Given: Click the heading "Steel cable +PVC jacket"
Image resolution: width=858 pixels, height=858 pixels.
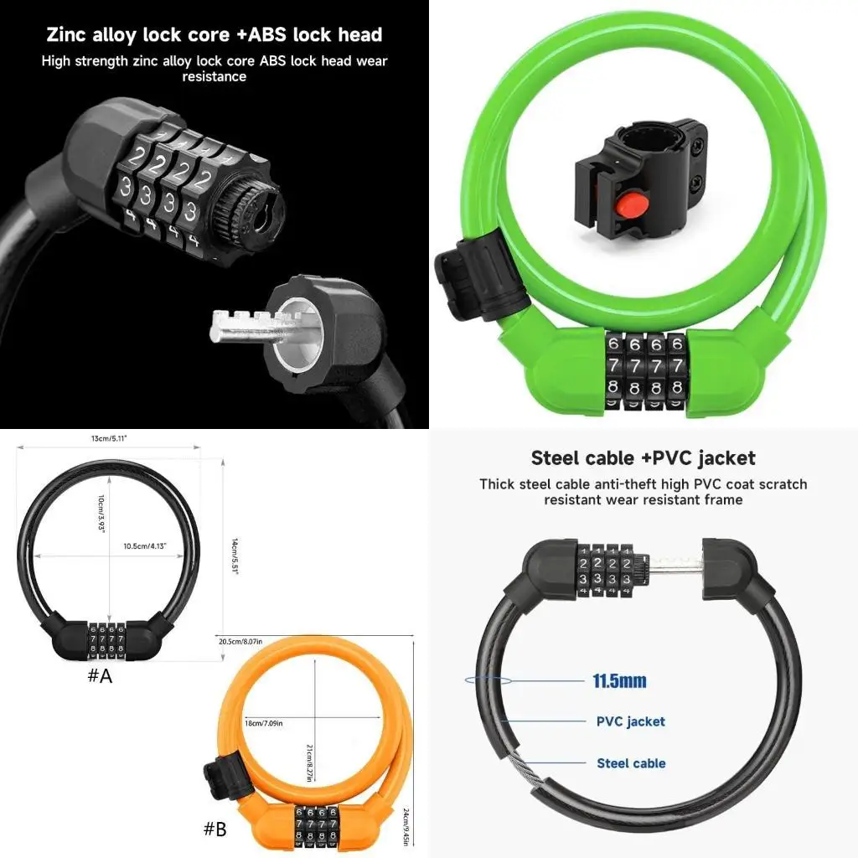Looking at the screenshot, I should coord(643,458).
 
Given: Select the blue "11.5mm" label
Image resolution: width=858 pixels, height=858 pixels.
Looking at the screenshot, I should coord(619,681).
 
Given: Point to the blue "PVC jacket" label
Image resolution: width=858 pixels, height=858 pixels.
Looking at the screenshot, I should coord(630,721).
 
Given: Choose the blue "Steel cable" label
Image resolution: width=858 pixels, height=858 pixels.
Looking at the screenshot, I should coord(631,762).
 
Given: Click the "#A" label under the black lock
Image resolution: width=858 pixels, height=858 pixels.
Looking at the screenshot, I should coord(100,676).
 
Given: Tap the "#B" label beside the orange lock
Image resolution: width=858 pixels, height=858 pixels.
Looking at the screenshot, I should coord(215,830).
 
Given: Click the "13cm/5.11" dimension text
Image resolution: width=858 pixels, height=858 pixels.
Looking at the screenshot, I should coord(110,438).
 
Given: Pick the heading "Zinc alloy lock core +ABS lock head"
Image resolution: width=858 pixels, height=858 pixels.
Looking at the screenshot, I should coord(214,34).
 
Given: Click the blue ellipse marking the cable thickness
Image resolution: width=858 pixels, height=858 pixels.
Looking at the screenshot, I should coord(487,681).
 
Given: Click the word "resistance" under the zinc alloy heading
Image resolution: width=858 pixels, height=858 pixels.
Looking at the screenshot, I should coord(214,76).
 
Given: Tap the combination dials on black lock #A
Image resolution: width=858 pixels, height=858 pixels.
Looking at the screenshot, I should coord(107,641).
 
